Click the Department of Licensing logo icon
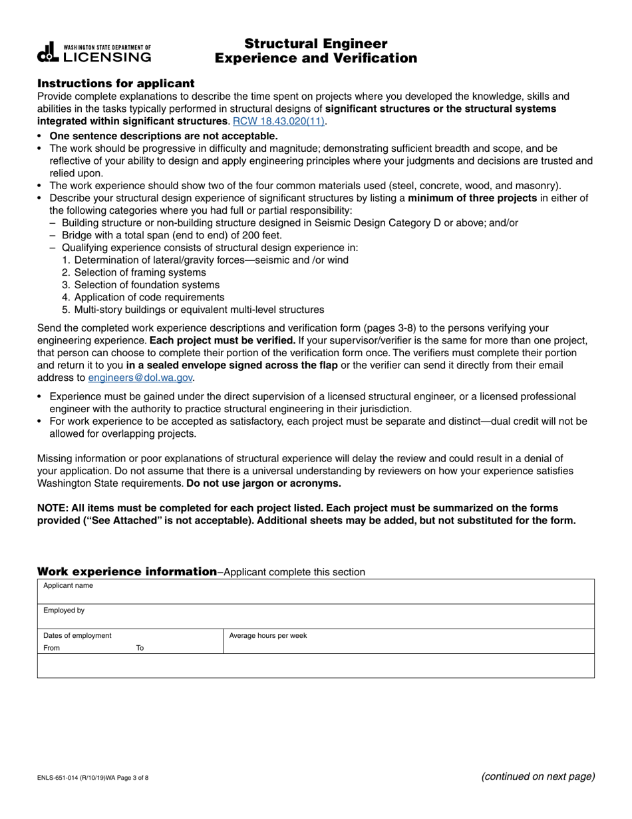click(x=49, y=53)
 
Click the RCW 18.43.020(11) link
click(x=278, y=121)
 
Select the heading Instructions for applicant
click(x=116, y=83)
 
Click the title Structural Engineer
click(x=315, y=44)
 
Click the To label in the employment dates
click(x=140, y=648)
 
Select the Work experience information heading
click(x=126, y=571)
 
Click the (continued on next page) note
click(x=537, y=776)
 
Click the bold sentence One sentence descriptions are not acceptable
click(x=164, y=136)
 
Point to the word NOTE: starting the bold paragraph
click(x=53, y=508)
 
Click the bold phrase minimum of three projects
click(x=472, y=198)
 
